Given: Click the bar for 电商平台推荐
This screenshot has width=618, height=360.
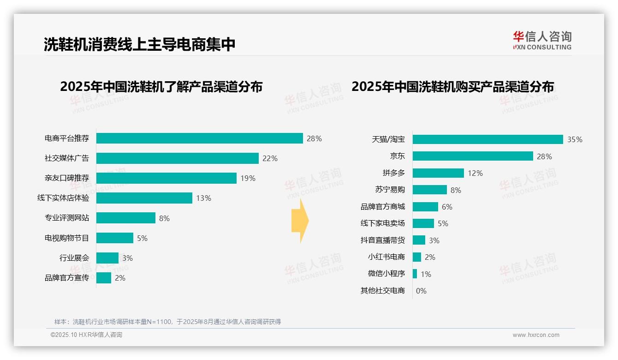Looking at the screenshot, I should (x=199, y=138).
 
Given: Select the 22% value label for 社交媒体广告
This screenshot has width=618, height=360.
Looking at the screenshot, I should (x=270, y=158).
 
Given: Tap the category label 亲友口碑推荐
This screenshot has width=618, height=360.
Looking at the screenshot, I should (x=66, y=178).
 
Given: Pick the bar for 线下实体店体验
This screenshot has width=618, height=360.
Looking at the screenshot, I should (x=144, y=198).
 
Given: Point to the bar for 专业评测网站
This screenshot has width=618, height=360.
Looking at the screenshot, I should (x=125, y=218).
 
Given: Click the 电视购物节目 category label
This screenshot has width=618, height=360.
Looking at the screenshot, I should (x=66, y=238).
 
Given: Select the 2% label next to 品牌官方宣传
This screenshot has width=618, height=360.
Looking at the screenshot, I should (x=120, y=278).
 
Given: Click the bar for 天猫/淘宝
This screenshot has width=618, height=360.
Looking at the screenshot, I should (x=487, y=139).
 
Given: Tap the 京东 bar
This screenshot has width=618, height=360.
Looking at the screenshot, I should (x=473, y=156).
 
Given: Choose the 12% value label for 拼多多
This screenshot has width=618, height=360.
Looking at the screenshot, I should (x=475, y=173).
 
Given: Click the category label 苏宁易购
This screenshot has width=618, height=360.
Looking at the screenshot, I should (x=390, y=190).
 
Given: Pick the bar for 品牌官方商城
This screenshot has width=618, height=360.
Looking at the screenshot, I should (x=425, y=207).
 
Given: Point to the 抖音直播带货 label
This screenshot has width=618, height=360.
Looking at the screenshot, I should (x=382, y=240).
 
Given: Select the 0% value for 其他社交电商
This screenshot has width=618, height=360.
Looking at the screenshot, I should (x=421, y=291).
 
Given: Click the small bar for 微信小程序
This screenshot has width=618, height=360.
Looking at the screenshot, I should (x=415, y=274).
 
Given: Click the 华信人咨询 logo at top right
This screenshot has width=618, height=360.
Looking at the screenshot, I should (x=542, y=40).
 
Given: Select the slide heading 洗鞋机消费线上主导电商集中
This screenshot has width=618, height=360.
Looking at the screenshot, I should (x=139, y=44).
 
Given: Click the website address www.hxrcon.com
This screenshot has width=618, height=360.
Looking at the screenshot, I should (x=536, y=335).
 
